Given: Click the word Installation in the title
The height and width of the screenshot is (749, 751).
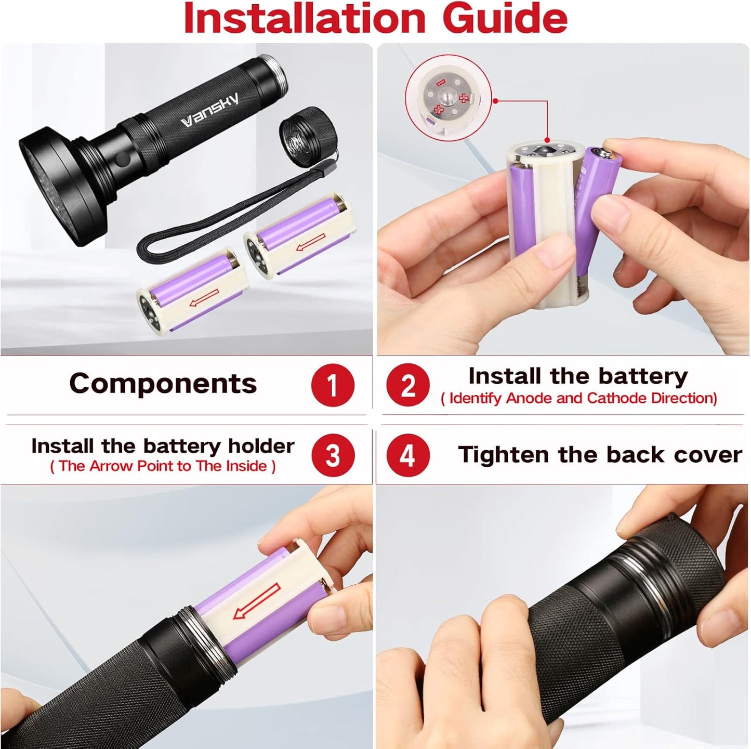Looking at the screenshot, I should click(304, 19).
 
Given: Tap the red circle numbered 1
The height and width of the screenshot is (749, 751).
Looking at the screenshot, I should click(333, 385).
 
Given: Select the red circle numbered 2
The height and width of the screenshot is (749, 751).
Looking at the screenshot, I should click(408, 385).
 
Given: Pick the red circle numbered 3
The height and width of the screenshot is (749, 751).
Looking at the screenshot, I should click(333, 455).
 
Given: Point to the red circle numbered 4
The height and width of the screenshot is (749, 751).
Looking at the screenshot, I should click(408, 455).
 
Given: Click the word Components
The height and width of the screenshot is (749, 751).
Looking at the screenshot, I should click(163, 384).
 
